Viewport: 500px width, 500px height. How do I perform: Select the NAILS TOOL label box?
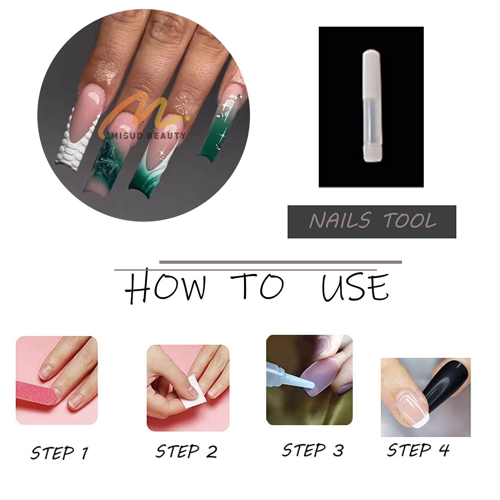[x=372, y=222]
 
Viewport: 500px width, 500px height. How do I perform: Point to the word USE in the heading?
[x=355, y=287]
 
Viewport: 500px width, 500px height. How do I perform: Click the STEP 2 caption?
[x=186, y=452]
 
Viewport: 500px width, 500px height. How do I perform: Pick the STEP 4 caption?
[x=418, y=450]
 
